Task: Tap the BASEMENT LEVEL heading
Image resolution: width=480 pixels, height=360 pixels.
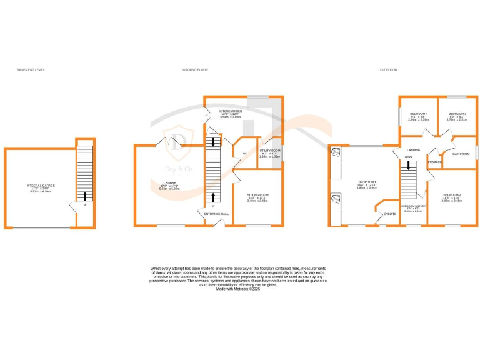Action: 31,70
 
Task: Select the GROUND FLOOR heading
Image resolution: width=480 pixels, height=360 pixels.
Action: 195,70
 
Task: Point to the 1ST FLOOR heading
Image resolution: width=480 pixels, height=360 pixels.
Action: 388,70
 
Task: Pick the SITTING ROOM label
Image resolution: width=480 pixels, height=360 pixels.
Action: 257,194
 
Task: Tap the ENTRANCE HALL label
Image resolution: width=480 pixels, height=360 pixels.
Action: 217,214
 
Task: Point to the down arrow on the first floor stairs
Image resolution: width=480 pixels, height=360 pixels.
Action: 409,166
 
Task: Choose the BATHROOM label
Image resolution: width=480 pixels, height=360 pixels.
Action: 461,152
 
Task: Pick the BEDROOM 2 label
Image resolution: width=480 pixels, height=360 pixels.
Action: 451,194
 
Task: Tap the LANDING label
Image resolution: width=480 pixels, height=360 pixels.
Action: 413,150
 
